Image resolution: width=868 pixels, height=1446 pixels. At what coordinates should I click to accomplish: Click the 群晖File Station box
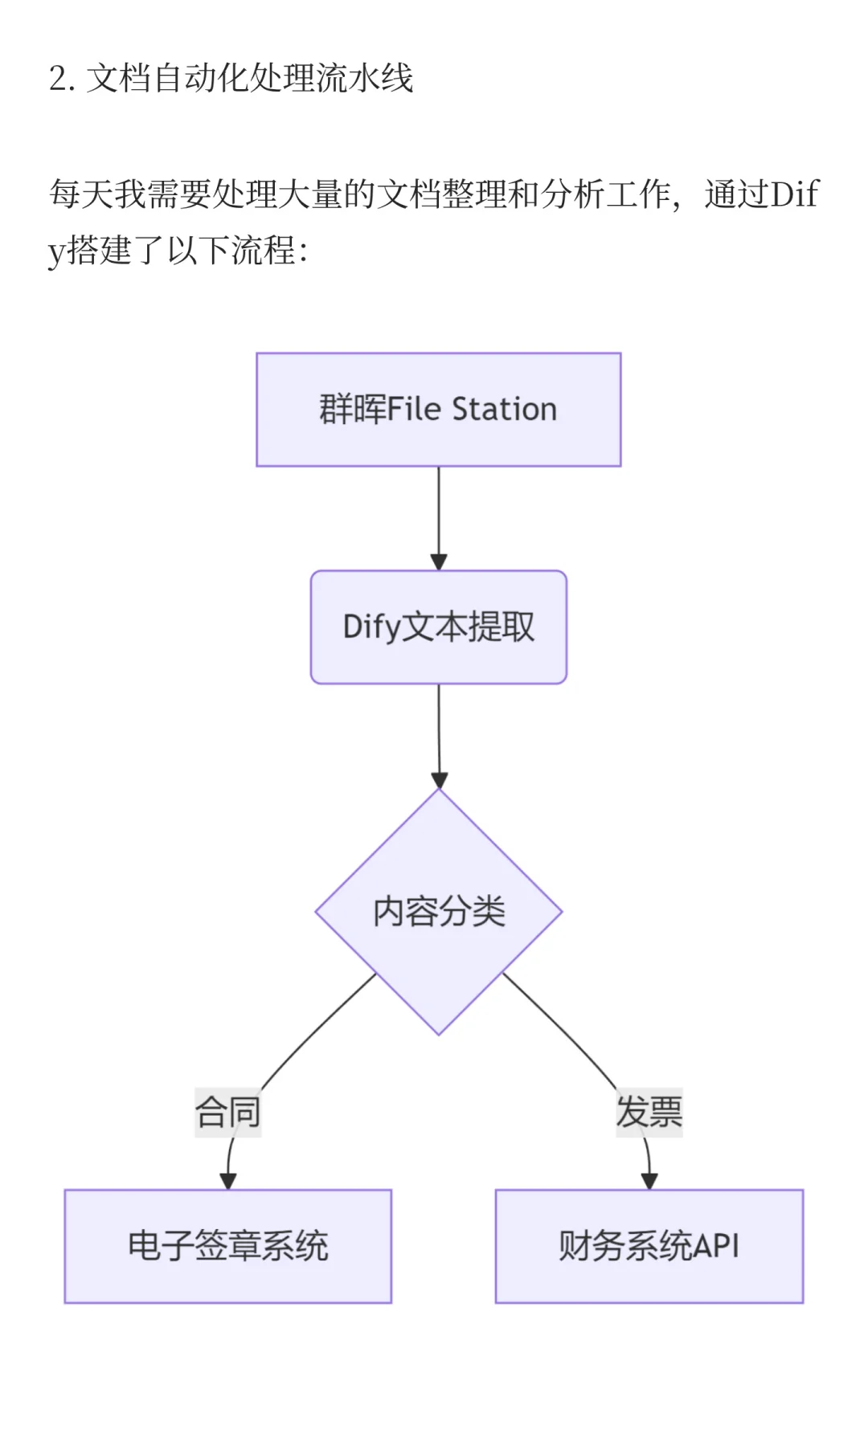[x=438, y=410]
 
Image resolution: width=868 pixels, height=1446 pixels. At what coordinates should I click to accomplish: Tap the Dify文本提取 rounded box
[x=438, y=627]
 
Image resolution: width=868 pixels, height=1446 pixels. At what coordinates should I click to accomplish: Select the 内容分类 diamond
[x=438, y=912]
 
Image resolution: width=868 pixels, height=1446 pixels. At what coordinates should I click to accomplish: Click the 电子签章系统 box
[x=227, y=1246]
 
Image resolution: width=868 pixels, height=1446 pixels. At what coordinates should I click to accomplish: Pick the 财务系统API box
[x=649, y=1246]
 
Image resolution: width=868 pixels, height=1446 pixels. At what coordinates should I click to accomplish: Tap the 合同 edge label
[x=227, y=1113]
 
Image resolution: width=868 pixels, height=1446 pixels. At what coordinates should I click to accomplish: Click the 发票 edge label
[x=649, y=1113]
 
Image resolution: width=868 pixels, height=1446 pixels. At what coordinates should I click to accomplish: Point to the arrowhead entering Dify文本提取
[x=439, y=562]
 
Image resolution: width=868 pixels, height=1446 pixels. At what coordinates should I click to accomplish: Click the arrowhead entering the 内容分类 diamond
[x=439, y=780]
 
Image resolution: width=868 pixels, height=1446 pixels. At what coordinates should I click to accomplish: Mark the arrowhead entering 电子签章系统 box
[x=228, y=1181]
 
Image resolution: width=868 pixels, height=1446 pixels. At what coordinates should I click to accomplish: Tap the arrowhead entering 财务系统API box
[x=649, y=1181]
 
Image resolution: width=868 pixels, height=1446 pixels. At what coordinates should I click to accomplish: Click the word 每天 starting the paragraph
[x=81, y=194]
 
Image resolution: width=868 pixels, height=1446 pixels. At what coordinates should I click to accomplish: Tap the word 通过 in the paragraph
[x=736, y=194]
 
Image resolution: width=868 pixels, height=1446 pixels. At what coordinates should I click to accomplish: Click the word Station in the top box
[x=504, y=410]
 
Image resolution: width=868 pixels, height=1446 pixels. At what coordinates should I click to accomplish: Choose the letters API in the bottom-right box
[x=715, y=1246]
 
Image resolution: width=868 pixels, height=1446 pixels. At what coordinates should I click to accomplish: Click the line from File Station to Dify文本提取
[x=439, y=514]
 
